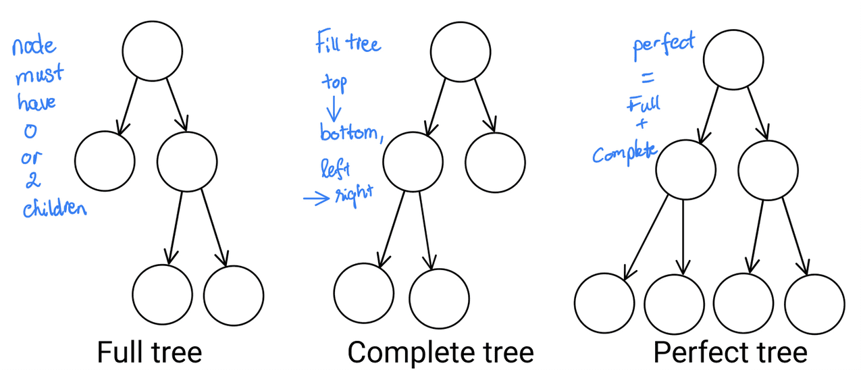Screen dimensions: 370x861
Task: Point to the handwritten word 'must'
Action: pyautogui.click(x=39, y=73)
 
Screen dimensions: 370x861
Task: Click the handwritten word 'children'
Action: pyautogui.click(x=55, y=209)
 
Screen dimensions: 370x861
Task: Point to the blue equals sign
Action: pyautogui.click(x=646, y=80)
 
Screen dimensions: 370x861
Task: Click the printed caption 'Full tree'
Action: pyautogui.click(x=149, y=352)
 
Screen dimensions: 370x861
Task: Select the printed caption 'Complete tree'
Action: pyautogui.click(x=440, y=352)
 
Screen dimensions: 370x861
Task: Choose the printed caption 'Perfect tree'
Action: pyautogui.click(x=730, y=352)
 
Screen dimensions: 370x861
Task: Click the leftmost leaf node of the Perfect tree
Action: pyautogui.click(x=604, y=303)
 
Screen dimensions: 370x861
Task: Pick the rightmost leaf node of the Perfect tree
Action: pyautogui.click(x=815, y=303)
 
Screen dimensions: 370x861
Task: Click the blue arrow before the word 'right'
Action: pyautogui.click(x=315, y=199)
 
